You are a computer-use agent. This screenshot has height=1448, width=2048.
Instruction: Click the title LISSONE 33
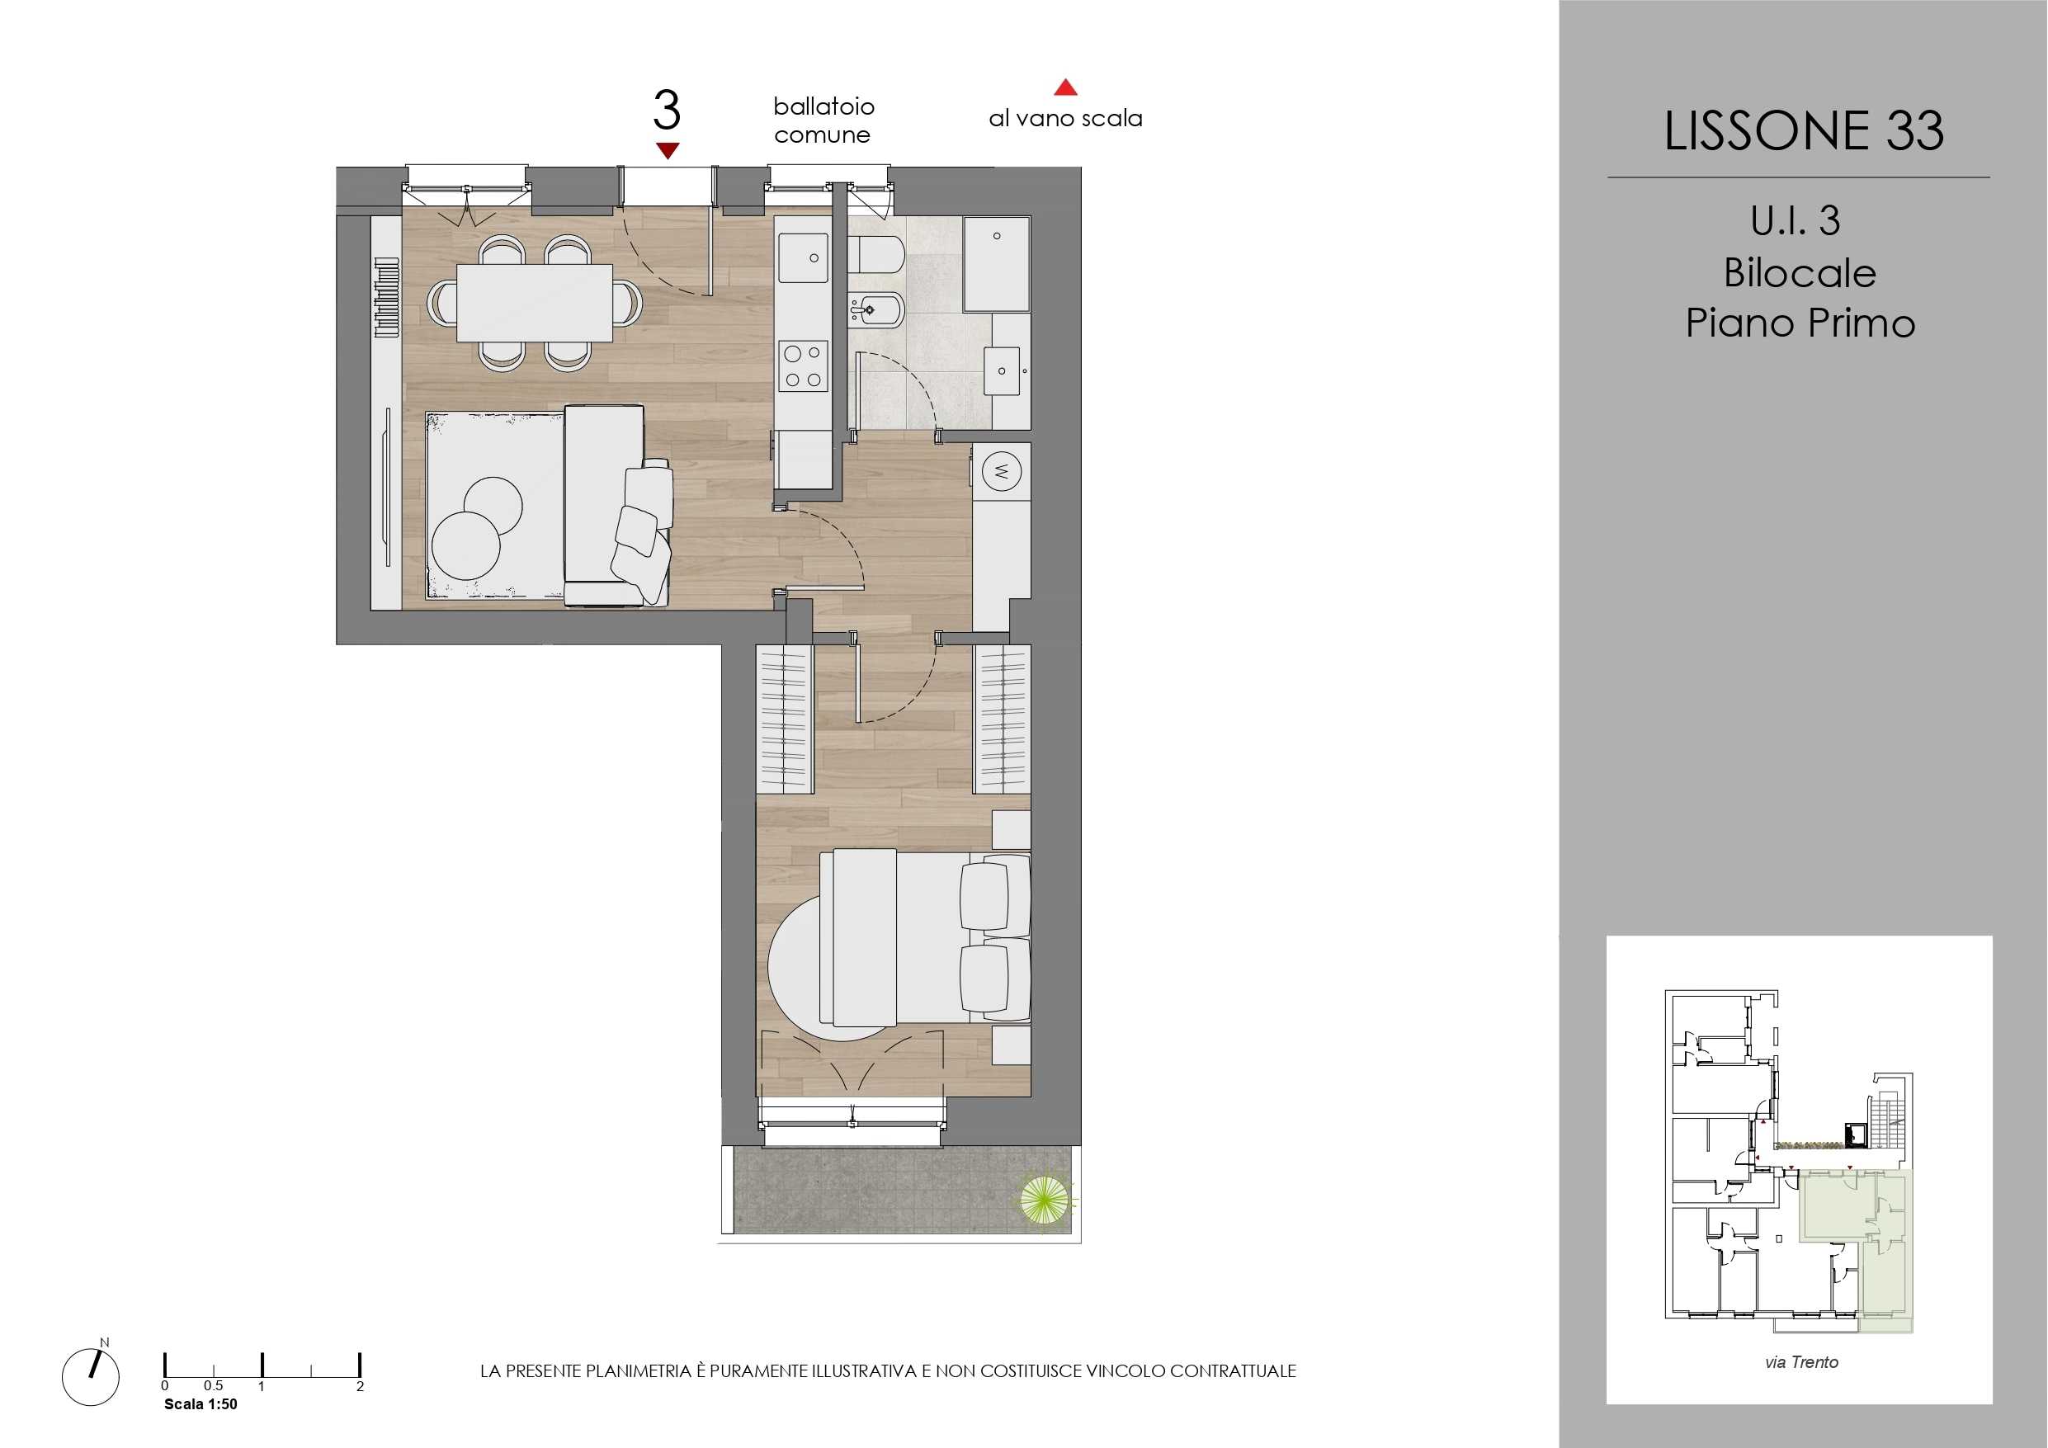pos(1803,130)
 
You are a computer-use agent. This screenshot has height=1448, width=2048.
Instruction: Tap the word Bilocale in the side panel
pos(1800,272)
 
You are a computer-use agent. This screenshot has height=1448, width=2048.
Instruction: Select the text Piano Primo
pos(1800,322)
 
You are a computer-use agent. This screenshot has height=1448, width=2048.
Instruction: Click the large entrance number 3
pos(667,111)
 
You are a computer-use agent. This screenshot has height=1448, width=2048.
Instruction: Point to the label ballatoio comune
pos(823,120)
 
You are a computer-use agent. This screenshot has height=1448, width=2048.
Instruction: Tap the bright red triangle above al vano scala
pos(1065,87)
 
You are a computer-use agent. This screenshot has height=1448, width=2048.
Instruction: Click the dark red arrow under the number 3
pos(668,151)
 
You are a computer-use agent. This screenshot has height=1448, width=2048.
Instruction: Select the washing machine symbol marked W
pos(1001,470)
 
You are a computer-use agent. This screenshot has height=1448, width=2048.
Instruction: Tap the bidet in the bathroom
pos(876,310)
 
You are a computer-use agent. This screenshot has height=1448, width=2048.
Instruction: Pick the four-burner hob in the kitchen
pos(803,366)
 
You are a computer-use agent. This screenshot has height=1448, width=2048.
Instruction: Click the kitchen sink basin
pos(803,258)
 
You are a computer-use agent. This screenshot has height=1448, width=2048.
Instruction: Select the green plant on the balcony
pos(1045,1200)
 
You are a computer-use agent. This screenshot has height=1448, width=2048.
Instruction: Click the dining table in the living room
pos(535,303)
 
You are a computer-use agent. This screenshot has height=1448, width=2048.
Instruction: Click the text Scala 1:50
pos(201,1404)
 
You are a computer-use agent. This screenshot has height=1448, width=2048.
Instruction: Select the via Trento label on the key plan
pos(1801,1362)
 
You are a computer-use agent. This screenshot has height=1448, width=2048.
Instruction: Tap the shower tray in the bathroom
pos(996,264)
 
